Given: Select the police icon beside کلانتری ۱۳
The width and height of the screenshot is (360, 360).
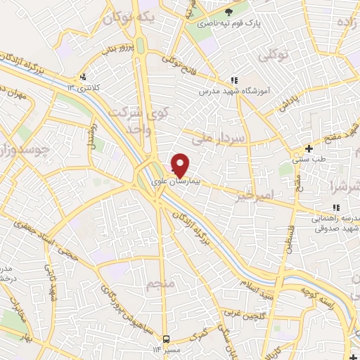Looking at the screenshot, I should [84, 77].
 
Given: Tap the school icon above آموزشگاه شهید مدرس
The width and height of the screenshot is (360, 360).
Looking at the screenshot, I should [235, 81].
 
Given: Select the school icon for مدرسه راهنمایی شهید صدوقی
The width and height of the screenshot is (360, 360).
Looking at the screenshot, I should [336, 207].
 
